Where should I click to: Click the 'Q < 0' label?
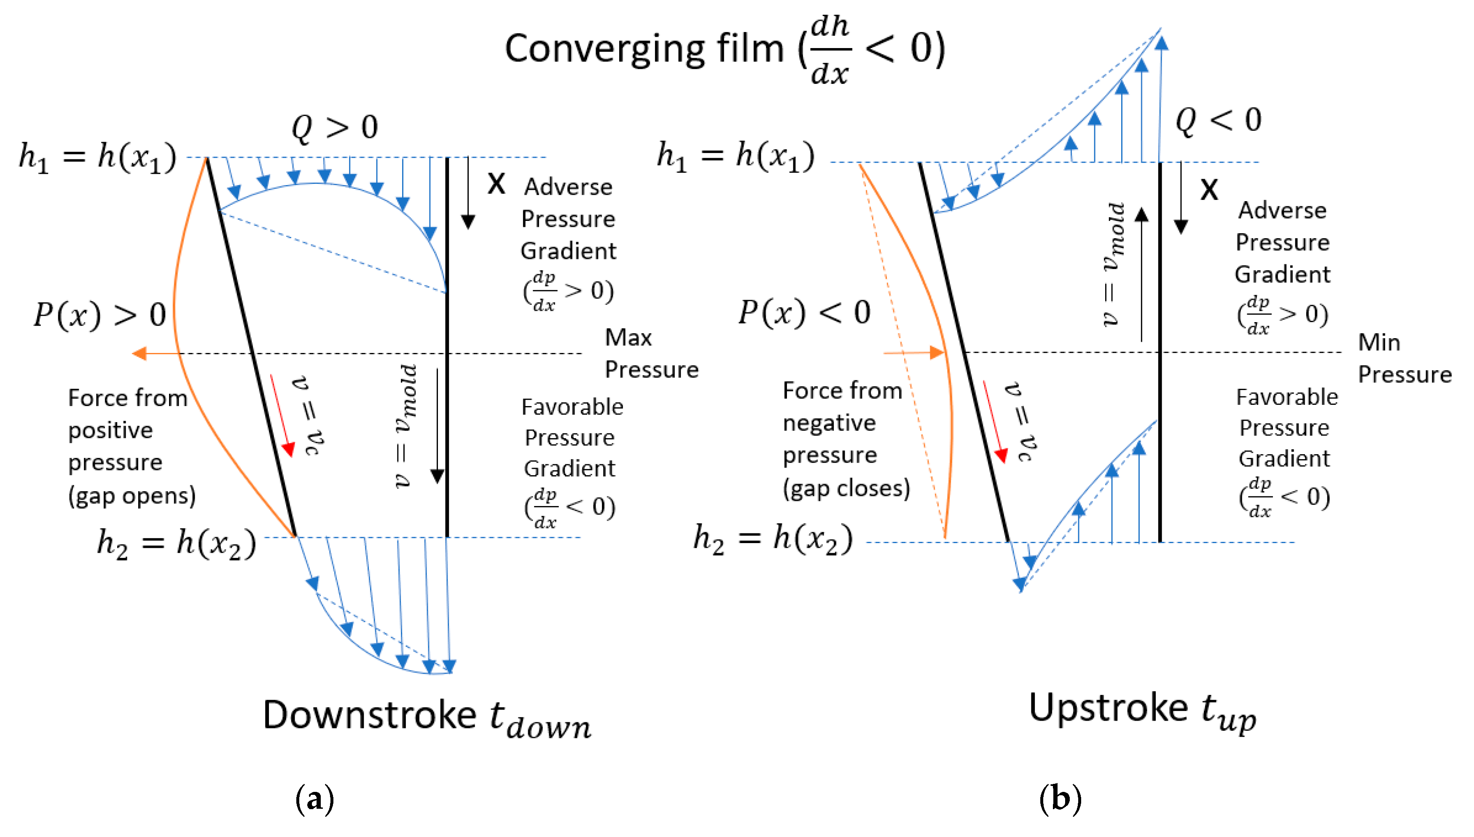pos(1218,120)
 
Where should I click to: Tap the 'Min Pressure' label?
pos(1404,358)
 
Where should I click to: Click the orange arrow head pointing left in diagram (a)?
pos(139,353)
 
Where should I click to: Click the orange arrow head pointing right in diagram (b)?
pos(937,352)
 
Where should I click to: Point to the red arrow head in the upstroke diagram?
pos(1001,455)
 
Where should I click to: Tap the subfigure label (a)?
pos(314,799)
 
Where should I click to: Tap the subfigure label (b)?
pos(1060,799)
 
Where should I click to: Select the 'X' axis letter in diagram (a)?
pos(496,185)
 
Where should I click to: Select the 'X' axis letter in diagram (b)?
pos(1208,190)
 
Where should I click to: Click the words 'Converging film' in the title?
pos(644,48)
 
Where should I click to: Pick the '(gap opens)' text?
pos(132,495)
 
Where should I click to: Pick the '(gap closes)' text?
pos(846,488)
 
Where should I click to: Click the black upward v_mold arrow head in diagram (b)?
pos(1141,215)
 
